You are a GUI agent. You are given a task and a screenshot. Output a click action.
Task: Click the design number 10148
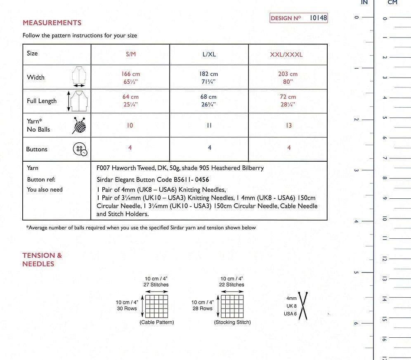(318, 18)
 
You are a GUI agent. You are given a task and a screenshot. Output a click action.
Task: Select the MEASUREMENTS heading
(52, 23)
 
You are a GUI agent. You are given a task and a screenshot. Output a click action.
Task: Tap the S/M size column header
(130, 54)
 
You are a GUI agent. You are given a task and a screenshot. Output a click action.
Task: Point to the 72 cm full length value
(288, 97)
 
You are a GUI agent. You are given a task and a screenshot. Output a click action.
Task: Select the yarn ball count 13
(288, 125)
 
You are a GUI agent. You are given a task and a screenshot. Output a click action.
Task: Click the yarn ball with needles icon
(80, 125)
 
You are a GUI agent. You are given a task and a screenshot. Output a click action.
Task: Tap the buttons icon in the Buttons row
(80, 149)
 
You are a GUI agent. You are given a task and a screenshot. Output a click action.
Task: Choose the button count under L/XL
(209, 148)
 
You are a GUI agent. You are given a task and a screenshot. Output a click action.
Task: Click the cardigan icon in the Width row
(79, 75)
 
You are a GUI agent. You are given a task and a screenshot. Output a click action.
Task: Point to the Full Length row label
(42, 101)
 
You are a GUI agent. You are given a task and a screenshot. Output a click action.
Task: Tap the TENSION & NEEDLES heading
(42, 259)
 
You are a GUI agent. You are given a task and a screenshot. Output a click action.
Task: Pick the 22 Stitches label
(231, 285)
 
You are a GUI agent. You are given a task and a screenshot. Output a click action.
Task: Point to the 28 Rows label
(202, 308)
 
